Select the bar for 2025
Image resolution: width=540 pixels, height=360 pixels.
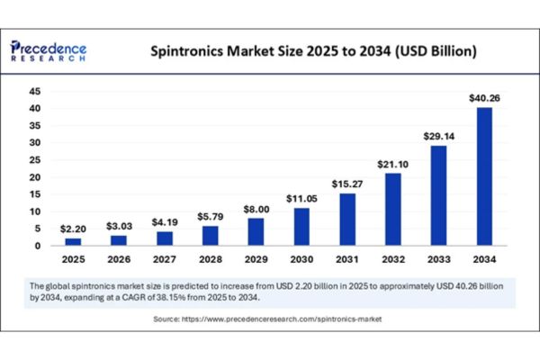[73, 241]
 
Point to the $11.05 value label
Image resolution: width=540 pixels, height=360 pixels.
[302, 198]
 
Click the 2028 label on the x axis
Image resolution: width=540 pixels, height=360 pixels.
[211, 260]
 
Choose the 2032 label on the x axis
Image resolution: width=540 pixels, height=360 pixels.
[394, 260]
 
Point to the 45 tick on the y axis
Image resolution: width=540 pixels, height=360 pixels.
[37, 91]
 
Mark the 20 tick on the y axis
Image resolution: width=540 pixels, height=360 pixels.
[37, 177]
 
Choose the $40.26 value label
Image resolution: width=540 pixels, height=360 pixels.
[486, 97]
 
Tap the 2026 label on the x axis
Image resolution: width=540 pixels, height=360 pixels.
[119, 260]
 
